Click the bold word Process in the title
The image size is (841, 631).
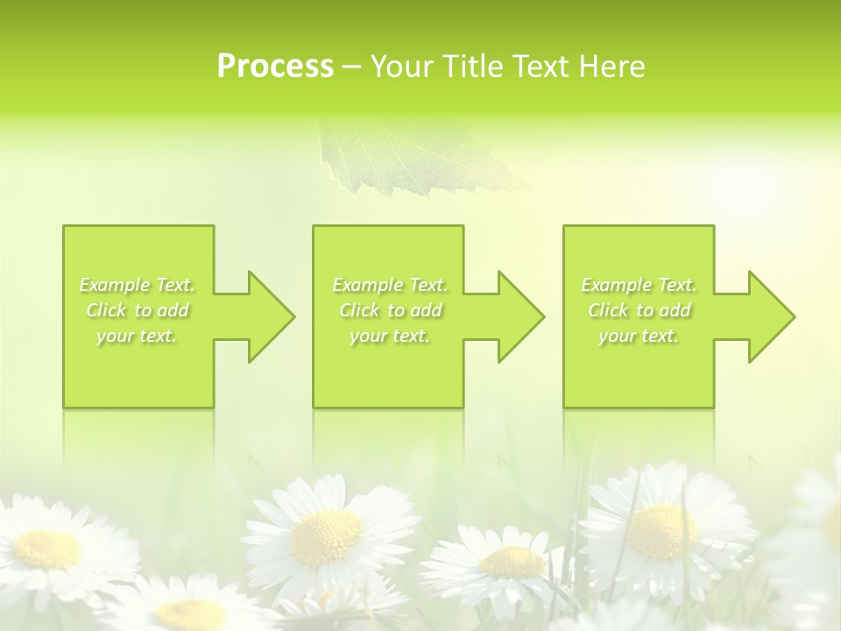pos(275,67)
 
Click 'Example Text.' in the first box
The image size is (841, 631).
pos(137,285)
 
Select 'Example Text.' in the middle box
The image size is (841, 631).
pos(390,285)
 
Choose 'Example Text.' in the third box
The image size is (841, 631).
pos(639,285)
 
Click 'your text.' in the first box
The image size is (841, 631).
pos(137,336)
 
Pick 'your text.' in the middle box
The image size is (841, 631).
pos(390,336)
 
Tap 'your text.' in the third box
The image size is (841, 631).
pos(639,336)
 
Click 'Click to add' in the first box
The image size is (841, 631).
pos(137,310)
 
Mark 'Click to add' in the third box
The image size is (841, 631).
pos(639,310)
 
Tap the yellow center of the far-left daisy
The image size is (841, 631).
pos(48,548)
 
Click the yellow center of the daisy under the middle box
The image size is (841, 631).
pos(325,536)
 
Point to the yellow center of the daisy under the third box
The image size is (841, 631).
pos(663,530)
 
